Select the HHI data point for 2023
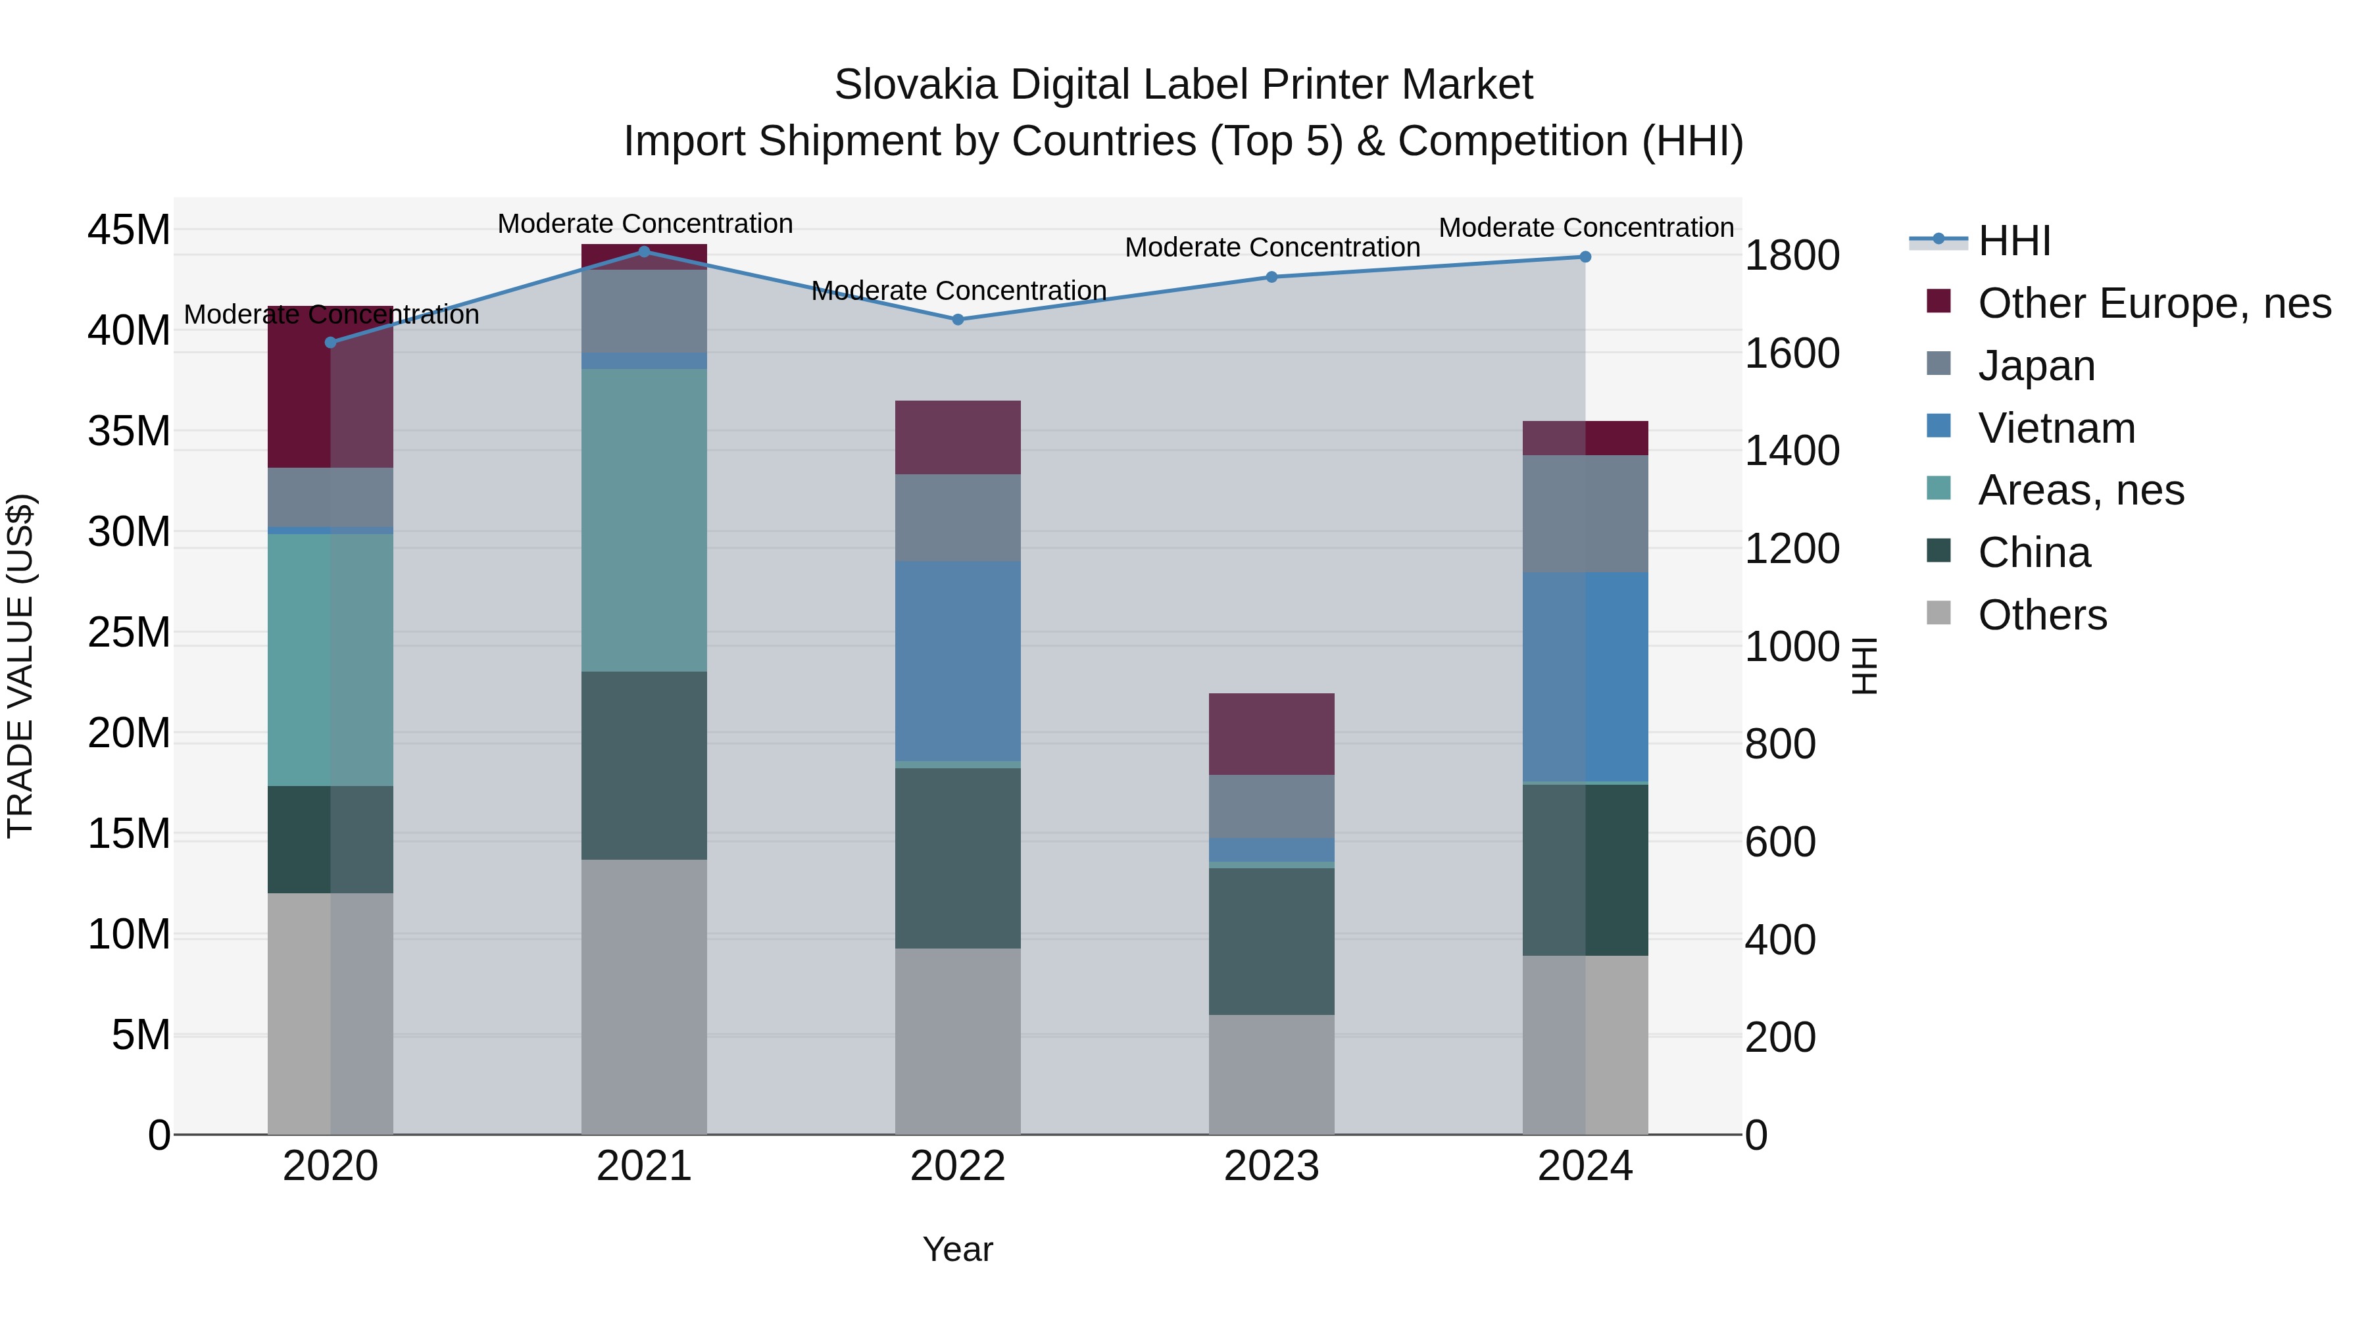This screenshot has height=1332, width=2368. click(1271, 277)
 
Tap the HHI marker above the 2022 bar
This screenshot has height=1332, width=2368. click(957, 319)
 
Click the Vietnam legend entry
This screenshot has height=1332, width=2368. click(2056, 428)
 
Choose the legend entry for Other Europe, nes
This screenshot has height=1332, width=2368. click(2154, 303)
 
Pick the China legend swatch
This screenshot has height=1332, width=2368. click(1938, 552)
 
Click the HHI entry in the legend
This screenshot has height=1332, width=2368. click(2013, 241)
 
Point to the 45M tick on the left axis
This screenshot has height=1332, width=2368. click(129, 230)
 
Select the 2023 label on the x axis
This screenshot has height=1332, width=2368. click(1271, 1166)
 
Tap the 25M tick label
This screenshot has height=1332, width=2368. click(129, 632)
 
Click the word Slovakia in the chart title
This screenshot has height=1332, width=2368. click(915, 85)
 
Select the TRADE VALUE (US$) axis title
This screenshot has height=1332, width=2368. click(20, 666)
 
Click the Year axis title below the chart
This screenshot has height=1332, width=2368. click(957, 1249)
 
